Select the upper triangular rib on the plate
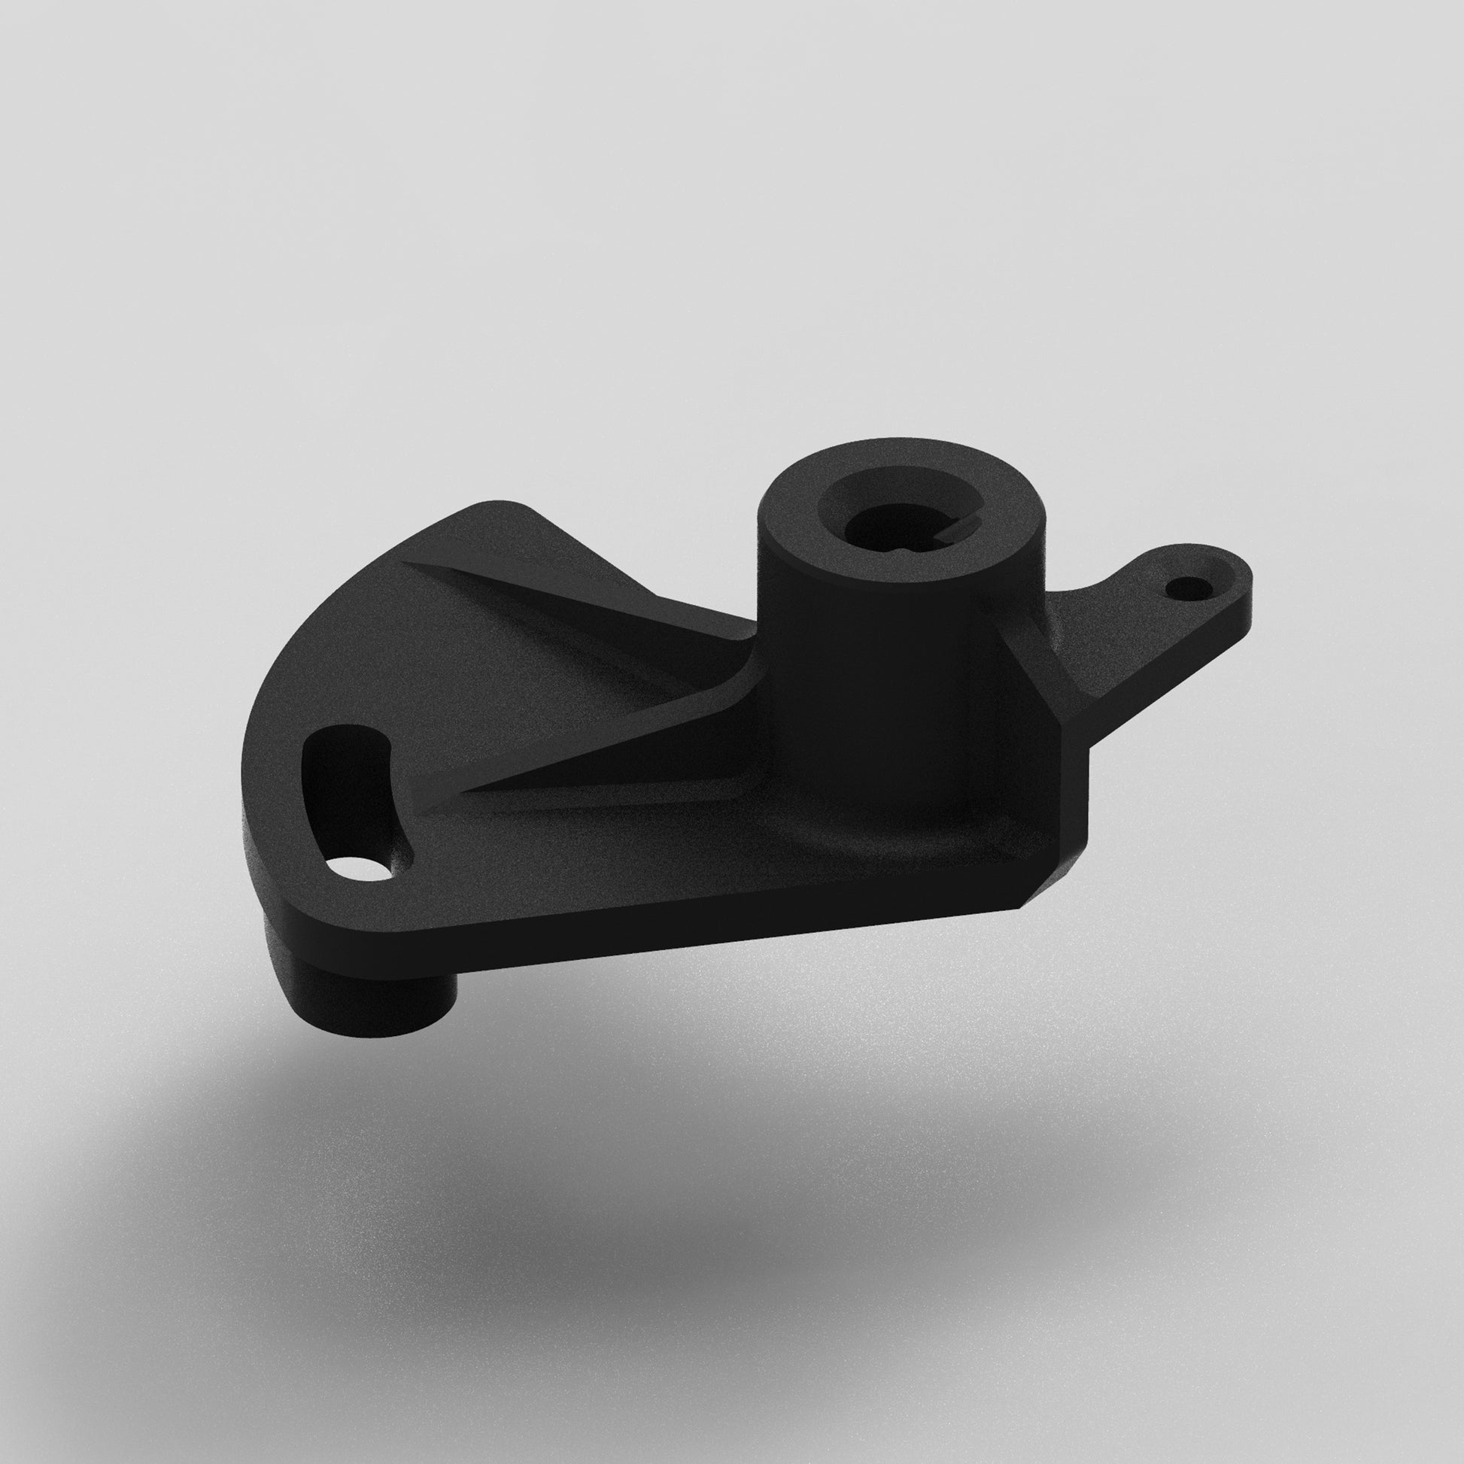point(576,599)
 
